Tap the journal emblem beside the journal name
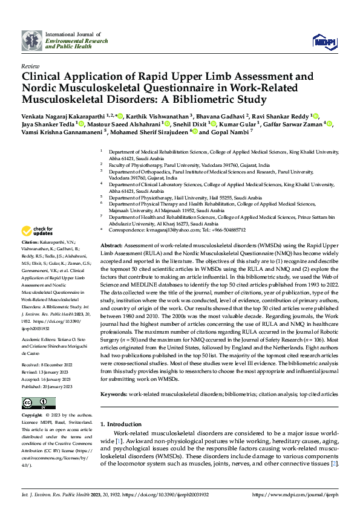[31, 40]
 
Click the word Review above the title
[30, 65]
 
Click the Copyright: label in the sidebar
[33, 416]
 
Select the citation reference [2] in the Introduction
[333, 463]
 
